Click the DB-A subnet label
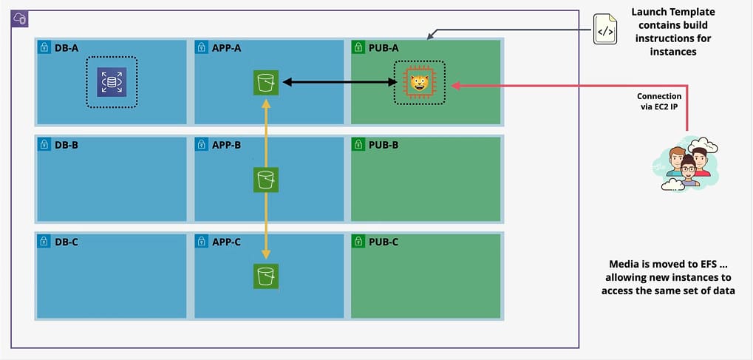(66, 48)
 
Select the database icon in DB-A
(112, 81)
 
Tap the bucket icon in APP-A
(265, 81)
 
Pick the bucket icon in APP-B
(265, 179)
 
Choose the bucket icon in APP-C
(265, 276)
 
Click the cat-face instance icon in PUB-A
(419, 82)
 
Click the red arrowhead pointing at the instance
(456, 85)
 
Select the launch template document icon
(605, 30)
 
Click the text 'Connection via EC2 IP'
(659, 101)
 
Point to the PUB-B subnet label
(383, 145)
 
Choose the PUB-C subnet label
(383, 242)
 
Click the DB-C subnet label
(66, 242)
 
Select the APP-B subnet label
(226, 145)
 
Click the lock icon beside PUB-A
(358, 48)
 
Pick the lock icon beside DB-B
(44, 145)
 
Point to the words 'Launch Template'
(672, 12)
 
